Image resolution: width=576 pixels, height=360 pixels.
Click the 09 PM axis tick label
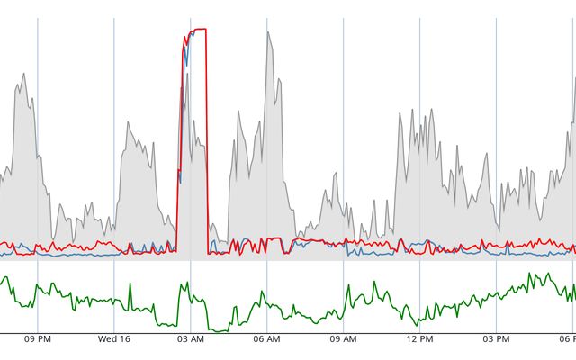[37, 339]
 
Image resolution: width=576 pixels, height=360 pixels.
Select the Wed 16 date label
[114, 339]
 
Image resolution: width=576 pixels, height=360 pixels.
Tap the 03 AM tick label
[190, 339]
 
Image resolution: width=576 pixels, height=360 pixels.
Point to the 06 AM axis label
[266, 339]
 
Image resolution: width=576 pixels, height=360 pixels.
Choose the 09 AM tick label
[343, 339]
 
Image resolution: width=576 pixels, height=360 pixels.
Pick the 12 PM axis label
[419, 339]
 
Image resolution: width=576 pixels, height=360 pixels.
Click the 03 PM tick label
[496, 339]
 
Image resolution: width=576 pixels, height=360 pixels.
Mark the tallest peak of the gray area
[268, 33]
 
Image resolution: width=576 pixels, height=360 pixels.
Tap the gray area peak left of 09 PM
[23, 75]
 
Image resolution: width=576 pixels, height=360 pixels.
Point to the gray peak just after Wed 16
[128, 123]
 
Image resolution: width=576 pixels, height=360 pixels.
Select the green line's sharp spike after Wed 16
[131, 284]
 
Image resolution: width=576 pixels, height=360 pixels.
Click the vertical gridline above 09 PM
[37, 135]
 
